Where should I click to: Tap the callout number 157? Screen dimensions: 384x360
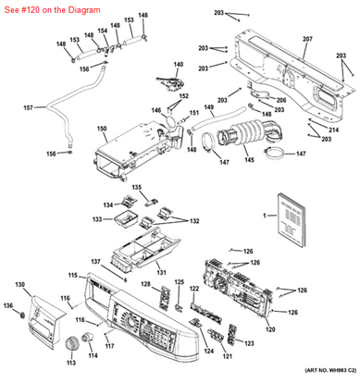[28, 108]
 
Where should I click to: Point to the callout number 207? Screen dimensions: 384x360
[307, 39]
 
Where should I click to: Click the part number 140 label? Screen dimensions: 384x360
[178, 65]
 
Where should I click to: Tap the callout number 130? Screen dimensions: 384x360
[19, 284]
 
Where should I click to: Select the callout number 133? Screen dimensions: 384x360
[96, 219]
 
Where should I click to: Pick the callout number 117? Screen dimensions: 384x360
[108, 346]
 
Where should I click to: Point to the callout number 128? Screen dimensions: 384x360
[145, 283]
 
